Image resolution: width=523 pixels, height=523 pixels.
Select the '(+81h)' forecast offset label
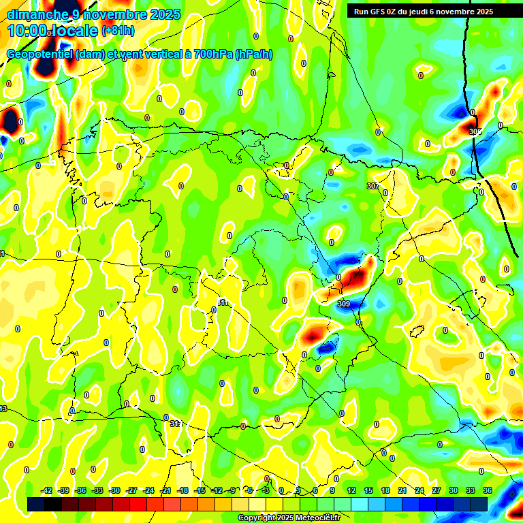tap(118, 31)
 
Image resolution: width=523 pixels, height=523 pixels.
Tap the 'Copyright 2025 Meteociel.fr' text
tap(289, 518)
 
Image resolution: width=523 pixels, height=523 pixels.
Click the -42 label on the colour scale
tap(46, 490)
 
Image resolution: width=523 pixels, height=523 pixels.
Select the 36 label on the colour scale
tap(488, 490)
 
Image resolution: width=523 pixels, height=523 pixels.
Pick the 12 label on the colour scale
tap(351, 490)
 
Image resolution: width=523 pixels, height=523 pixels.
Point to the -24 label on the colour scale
tap(148, 490)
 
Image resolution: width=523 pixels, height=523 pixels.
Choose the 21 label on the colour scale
tap(402, 490)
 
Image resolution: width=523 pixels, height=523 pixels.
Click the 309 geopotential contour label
tap(344, 304)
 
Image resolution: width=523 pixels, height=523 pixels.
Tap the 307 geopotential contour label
tap(373, 186)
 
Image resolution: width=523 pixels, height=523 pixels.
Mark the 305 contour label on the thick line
tap(475, 131)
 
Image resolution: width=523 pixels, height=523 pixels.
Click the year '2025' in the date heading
tap(165, 14)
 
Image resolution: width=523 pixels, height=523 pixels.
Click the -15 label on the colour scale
tap(200, 490)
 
